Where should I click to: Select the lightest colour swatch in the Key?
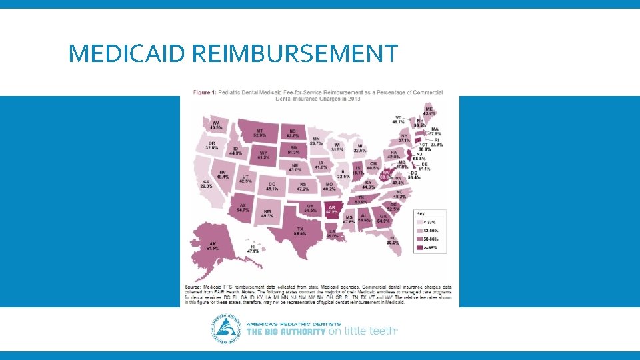pos(419,222)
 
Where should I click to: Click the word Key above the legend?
pos(420,213)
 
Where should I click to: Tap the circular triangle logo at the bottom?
pos(227,329)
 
